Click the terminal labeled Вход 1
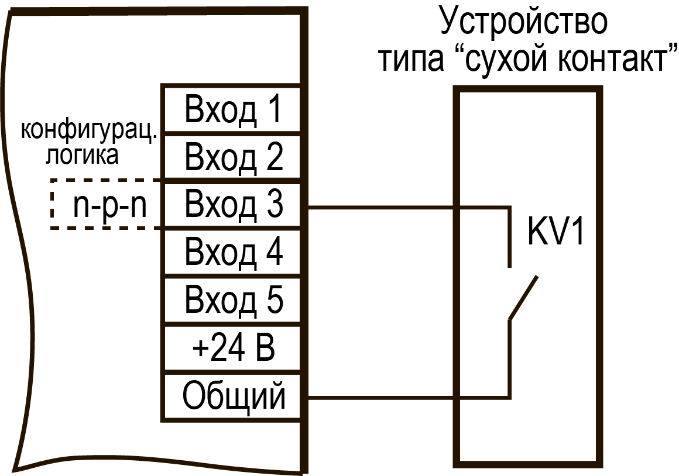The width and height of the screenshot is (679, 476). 231,108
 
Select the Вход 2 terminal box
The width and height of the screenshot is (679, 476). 231,156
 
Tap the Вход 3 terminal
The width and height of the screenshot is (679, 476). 231,204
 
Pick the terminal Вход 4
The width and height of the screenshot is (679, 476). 231,251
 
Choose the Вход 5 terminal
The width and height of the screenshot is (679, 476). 231,299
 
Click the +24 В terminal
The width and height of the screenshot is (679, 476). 231,347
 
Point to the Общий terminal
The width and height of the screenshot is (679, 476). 231,395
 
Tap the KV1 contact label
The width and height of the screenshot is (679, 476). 555,230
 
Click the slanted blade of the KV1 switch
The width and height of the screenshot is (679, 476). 523,298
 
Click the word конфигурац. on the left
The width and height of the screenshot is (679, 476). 89,130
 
